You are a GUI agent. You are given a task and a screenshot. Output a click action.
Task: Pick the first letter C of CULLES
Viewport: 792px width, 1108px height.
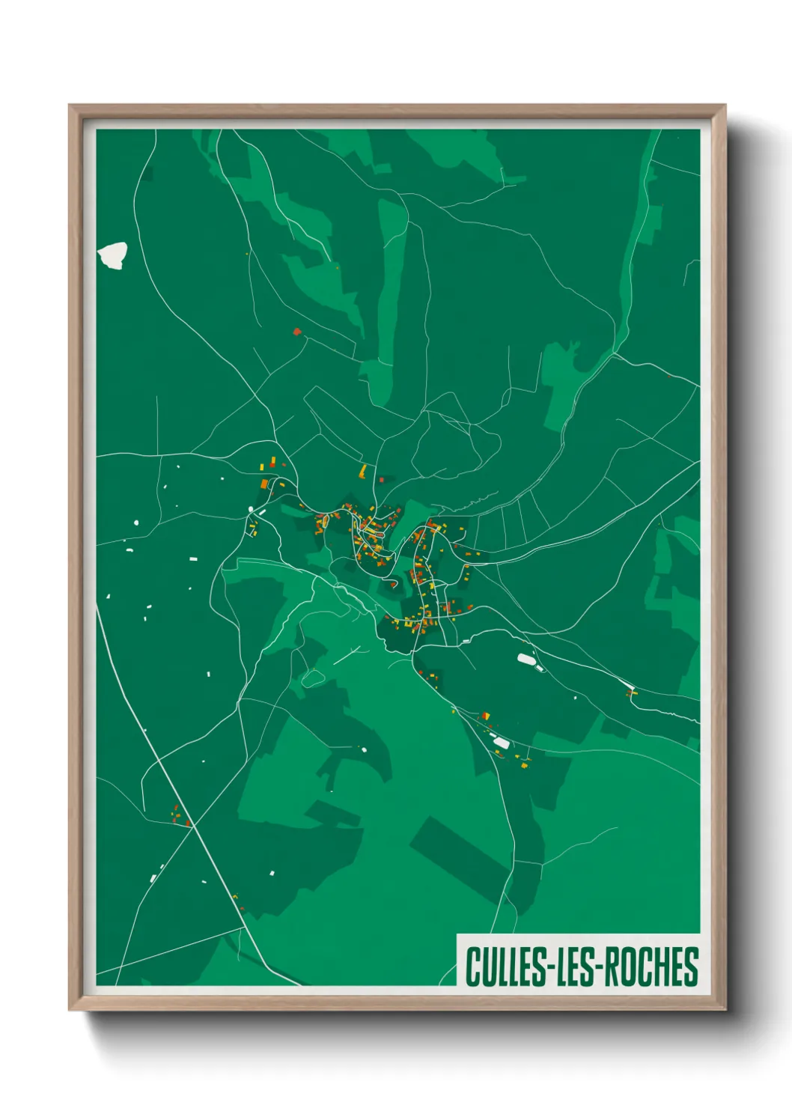click(x=473, y=967)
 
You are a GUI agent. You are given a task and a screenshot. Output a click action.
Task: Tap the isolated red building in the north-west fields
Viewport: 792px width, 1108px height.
click(x=297, y=331)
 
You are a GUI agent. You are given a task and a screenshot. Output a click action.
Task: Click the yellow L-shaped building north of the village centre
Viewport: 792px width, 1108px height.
click(x=364, y=471)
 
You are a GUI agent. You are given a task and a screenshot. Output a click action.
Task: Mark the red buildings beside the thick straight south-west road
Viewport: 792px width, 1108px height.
click(x=180, y=816)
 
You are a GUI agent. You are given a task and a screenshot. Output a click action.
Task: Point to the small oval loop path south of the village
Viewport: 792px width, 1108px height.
click(x=313, y=678)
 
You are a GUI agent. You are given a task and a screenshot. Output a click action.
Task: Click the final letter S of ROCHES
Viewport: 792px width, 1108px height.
click(x=691, y=967)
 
